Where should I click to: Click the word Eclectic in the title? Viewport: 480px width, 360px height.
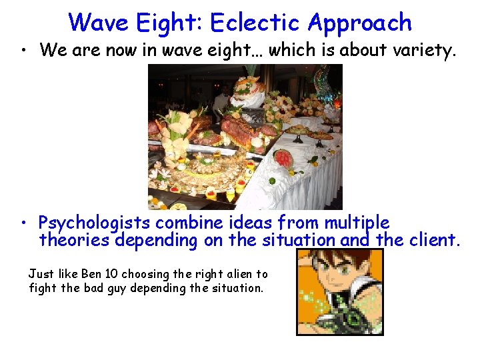255,22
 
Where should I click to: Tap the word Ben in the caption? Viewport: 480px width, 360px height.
90,274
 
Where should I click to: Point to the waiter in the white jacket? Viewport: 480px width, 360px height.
221,100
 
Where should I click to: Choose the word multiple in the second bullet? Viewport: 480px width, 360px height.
357,222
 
